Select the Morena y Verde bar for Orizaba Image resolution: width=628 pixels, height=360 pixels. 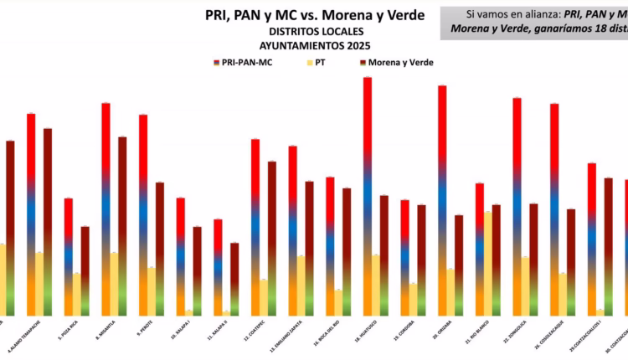[x=459, y=264]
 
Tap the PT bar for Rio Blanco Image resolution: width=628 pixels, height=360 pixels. [x=487, y=263]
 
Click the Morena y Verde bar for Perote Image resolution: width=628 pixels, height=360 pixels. [x=160, y=248]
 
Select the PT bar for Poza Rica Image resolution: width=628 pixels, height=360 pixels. [x=77, y=293]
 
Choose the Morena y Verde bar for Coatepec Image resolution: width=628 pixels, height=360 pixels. [x=272, y=237]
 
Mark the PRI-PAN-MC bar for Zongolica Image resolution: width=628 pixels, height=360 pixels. [x=517, y=205]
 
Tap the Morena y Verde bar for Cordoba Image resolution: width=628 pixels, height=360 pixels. [x=421, y=259]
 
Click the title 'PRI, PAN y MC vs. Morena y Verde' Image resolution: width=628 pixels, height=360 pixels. [x=315, y=15]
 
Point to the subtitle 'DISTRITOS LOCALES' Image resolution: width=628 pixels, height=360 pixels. [x=316, y=31]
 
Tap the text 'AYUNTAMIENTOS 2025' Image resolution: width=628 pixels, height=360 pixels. [x=316, y=45]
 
